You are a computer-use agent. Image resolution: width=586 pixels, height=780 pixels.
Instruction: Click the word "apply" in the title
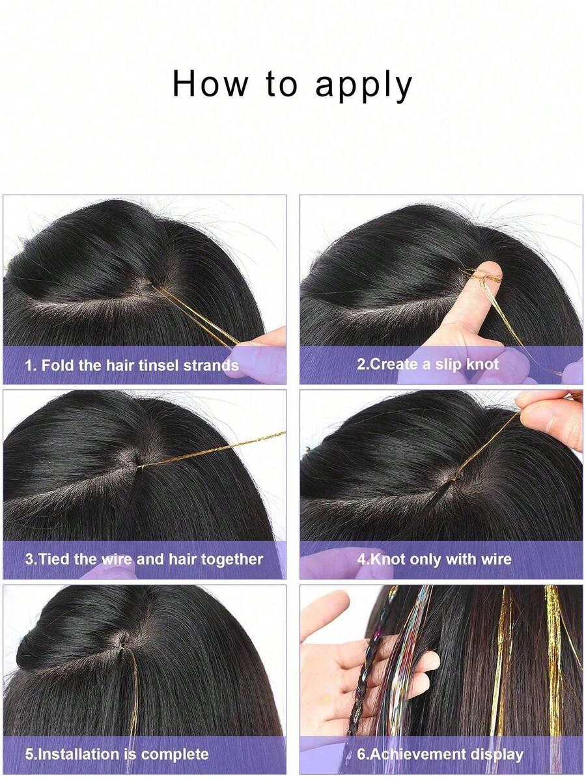(364, 85)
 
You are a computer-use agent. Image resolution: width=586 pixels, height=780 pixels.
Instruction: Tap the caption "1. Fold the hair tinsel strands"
(132, 365)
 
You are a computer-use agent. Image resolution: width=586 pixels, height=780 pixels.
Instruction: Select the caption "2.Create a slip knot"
(427, 364)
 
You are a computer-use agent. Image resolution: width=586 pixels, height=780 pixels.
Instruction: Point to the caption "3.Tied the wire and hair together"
(144, 559)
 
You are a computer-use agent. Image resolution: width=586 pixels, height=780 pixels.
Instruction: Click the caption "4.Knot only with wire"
(434, 559)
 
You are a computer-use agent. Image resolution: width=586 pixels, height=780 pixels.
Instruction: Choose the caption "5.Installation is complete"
(117, 754)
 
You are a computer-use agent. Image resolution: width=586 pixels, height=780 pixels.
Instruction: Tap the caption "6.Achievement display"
(440, 754)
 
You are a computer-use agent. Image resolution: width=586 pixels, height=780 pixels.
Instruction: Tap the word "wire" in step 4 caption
(495, 559)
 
